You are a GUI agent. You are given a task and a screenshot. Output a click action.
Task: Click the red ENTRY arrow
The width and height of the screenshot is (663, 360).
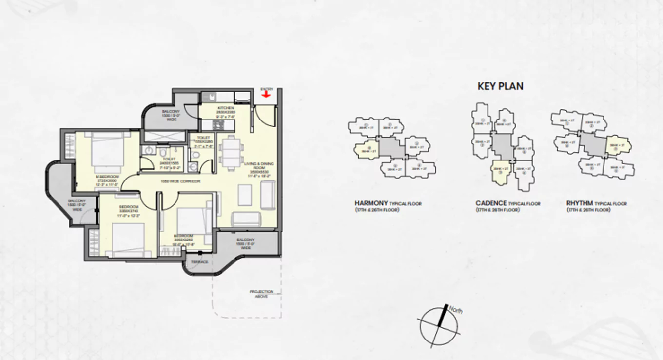click(266, 94)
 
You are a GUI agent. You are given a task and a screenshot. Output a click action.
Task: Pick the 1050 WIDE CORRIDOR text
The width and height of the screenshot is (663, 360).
click(174, 181)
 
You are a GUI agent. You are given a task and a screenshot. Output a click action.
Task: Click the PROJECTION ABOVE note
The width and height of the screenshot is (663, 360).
click(261, 294)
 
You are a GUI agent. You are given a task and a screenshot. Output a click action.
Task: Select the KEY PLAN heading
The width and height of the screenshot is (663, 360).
click(500, 86)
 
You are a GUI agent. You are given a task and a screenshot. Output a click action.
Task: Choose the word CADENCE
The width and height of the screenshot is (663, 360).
click(491, 203)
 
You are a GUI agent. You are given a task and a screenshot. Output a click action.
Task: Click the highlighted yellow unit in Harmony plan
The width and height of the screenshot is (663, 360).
click(367, 149)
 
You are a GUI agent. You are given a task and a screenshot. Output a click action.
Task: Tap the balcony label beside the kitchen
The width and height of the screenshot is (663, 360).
click(171, 115)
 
